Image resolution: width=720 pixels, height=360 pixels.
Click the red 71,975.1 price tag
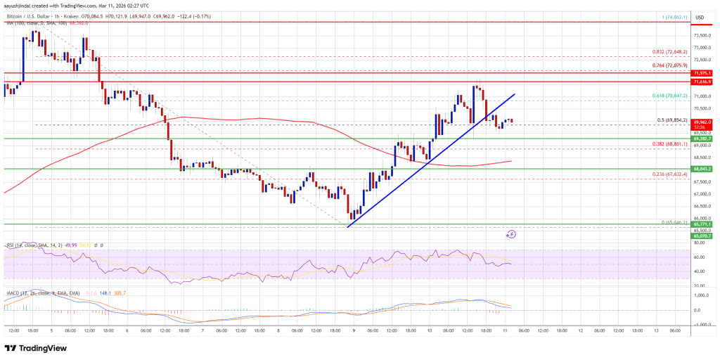tap(703, 72)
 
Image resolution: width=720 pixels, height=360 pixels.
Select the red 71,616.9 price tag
tap(703, 82)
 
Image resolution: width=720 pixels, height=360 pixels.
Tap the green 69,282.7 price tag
tap(703, 139)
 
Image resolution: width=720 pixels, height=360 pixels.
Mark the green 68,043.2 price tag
tap(703, 169)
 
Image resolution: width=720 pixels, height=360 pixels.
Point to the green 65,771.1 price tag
tap(703, 224)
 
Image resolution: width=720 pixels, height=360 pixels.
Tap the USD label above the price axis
tap(700, 17)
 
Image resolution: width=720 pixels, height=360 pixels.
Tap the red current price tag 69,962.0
tap(703, 121)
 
